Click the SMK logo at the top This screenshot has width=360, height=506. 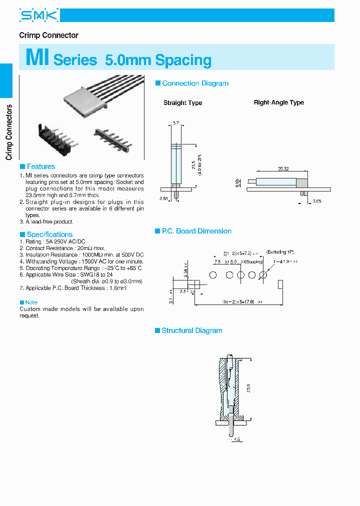coord(38,16)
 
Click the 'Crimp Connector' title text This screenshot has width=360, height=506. coord(48,35)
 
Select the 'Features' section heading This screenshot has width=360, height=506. coord(40,166)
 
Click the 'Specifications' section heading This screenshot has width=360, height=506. coord(49,234)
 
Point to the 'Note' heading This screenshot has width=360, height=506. coord(31,302)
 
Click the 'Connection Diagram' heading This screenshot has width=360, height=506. coord(195,83)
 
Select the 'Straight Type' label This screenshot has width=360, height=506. coord(182,103)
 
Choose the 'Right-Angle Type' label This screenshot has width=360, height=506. coord(278,102)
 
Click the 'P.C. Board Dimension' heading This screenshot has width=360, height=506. coord(196,231)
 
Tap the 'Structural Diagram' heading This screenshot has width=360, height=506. coord(191,330)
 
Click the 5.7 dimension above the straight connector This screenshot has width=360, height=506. coord(175,122)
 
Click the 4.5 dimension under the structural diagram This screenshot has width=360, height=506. coord(236,440)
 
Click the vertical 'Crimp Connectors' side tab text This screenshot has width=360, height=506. coord(8,132)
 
